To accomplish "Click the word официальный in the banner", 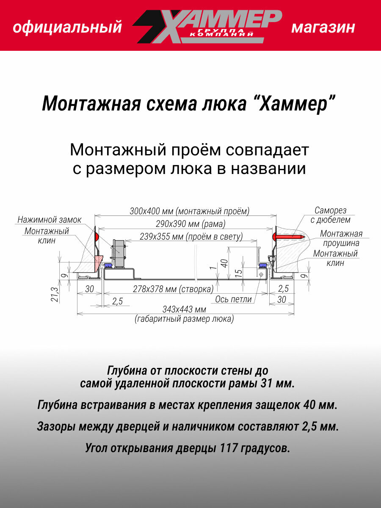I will (67, 28).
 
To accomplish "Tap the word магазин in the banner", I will (323, 28).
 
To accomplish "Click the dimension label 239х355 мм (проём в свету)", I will (185, 237).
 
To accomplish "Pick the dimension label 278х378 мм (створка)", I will (173, 289).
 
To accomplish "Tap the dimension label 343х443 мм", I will (184, 309).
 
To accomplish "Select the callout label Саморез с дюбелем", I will (330, 215).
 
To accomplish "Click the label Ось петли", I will (233, 299).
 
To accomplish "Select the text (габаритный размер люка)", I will (184, 319).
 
